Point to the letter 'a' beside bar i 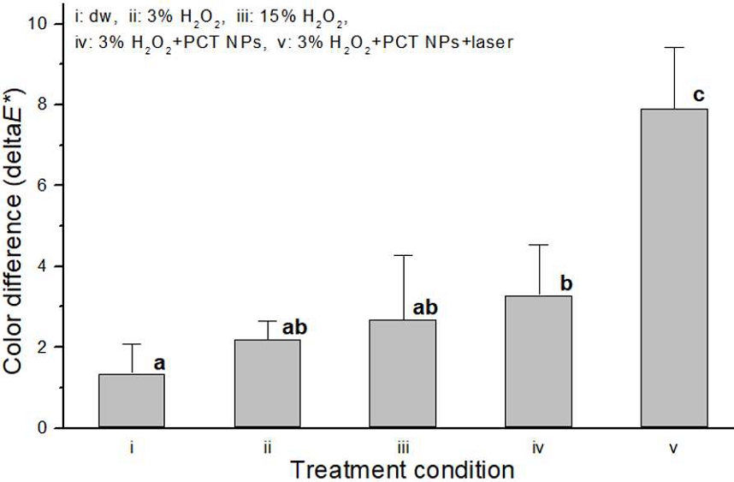coord(158,364)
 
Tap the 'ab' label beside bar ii coord(294,327)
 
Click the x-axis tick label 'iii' coord(403,447)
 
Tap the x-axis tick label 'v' coord(675,448)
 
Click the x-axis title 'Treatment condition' coord(402,469)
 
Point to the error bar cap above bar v coord(674,48)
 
